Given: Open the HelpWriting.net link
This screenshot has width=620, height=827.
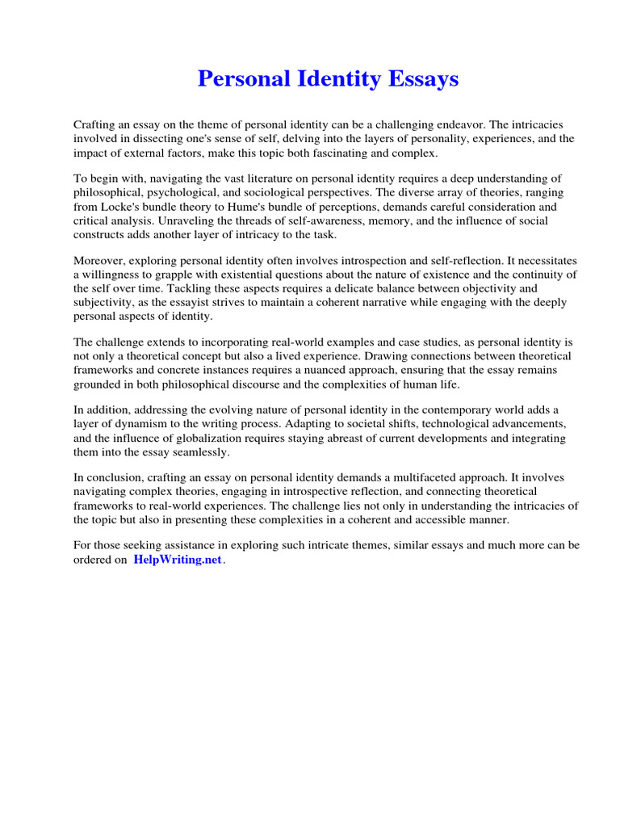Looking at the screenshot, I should (177, 560).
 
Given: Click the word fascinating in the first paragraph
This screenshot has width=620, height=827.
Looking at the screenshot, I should (342, 153).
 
